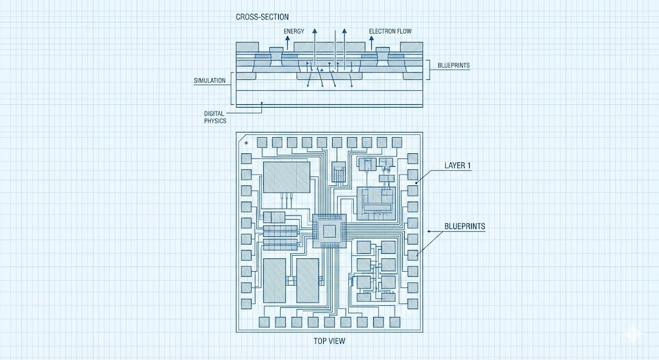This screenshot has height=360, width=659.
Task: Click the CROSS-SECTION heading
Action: tap(263, 17)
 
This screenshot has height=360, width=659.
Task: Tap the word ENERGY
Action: tap(294, 31)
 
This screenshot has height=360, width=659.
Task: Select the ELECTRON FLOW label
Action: tap(391, 31)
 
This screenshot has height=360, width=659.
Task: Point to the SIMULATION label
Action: tap(210, 81)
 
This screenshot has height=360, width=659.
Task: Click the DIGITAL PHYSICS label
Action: tap(215, 117)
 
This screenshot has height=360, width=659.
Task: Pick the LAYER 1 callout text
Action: tap(458, 166)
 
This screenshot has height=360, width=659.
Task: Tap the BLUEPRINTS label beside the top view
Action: tap(465, 226)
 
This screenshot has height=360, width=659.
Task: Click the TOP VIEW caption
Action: tap(328, 342)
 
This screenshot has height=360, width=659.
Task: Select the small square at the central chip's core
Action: tap(329, 231)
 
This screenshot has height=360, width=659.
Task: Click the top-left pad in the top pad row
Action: tap(262, 142)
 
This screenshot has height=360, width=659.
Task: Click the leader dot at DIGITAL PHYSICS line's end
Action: tap(263, 103)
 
